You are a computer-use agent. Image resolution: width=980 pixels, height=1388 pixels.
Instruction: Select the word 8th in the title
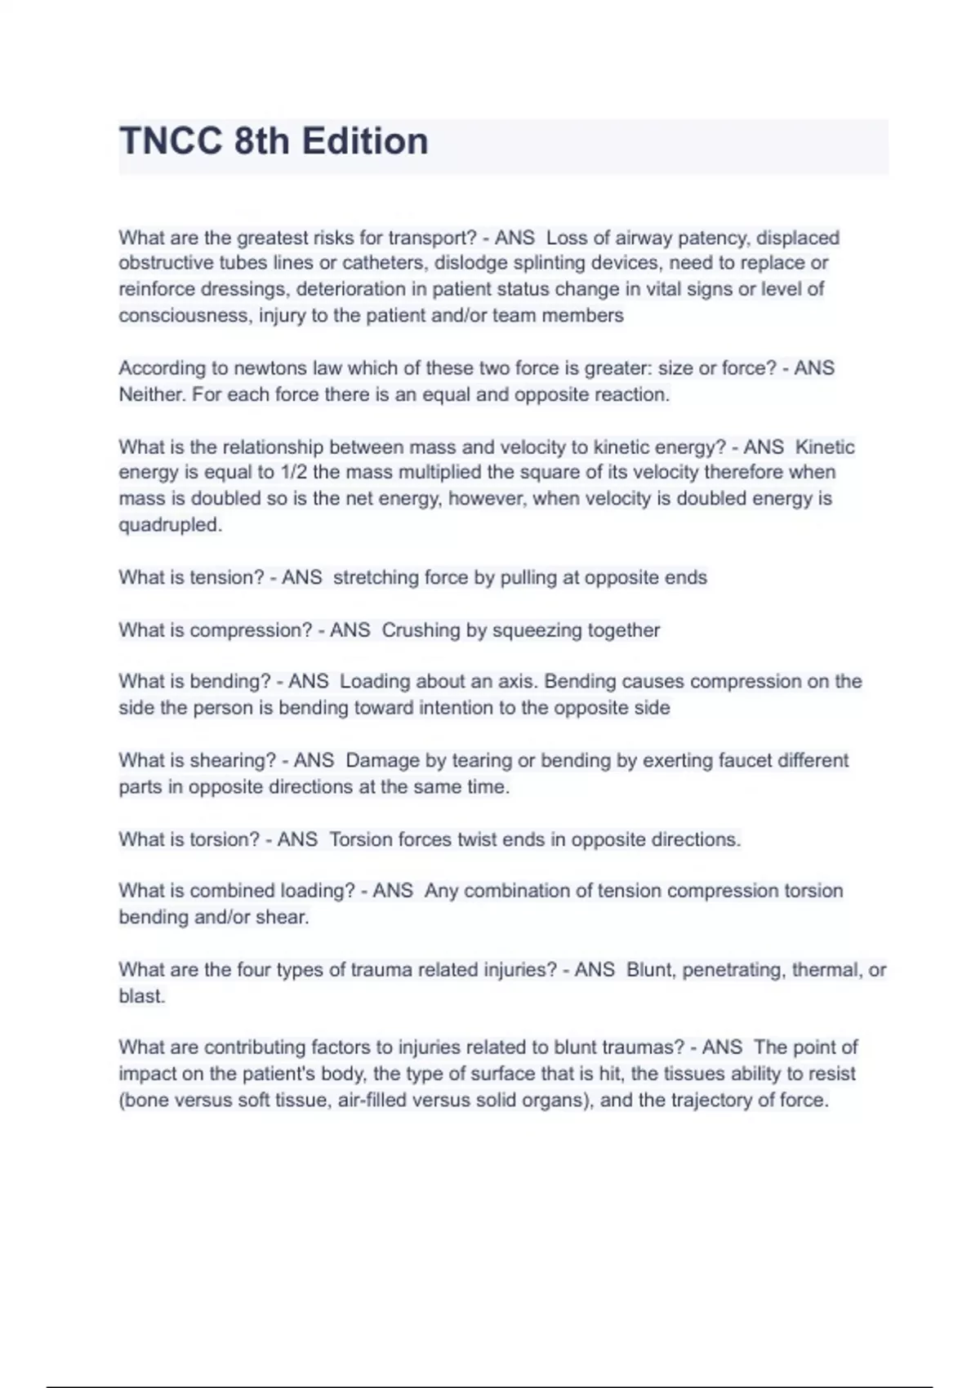tap(261, 141)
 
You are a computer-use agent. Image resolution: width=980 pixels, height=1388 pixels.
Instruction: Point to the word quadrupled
tap(170, 525)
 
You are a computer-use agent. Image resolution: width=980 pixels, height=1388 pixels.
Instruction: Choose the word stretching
tap(376, 577)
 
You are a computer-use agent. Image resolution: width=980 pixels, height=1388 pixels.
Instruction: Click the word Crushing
tap(421, 630)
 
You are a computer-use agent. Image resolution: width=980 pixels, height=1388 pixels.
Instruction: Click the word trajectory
tap(712, 1101)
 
